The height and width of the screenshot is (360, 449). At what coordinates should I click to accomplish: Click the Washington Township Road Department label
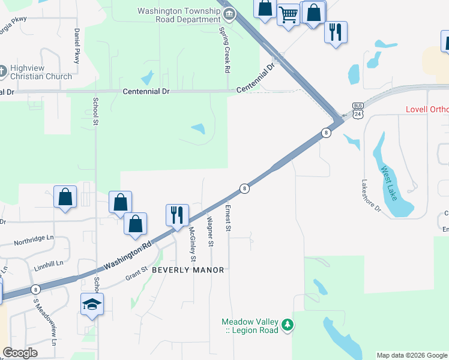179,15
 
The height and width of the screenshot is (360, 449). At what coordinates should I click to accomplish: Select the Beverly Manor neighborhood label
188,270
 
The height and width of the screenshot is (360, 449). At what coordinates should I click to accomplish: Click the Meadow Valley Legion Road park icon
289,325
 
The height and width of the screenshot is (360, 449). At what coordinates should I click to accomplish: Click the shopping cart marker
288,14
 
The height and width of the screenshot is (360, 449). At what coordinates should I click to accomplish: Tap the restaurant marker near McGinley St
177,215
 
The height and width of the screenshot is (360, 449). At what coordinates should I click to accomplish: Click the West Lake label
389,182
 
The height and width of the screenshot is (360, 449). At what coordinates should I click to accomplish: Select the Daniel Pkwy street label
77,46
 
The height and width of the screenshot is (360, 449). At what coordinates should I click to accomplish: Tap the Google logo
20,353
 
